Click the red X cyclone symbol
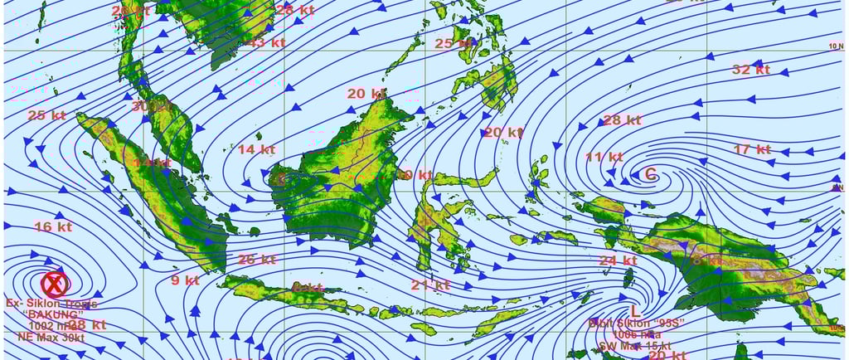(x=55, y=285)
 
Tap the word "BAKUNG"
(x=51, y=314)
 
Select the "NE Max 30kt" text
(x=51, y=337)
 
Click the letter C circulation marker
(x=651, y=174)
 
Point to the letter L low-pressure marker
(x=635, y=310)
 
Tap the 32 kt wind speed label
(x=751, y=70)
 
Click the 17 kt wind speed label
(x=752, y=149)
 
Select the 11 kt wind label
(x=604, y=156)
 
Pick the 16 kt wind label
(x=54, y=226)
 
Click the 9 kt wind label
(x=186, y=280)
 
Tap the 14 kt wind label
(x=256, y=149)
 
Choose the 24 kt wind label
(x=619, y=260)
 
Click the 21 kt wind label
(x=430, y=285)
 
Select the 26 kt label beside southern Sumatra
(x=256, y=259)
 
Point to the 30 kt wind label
(x=151, y=106)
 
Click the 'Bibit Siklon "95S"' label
(x=630, y=323)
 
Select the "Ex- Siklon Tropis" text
(x=51, y=304)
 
